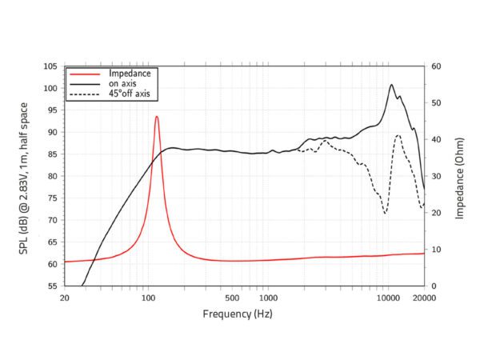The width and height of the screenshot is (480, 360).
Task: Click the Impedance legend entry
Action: (x=129, y=73)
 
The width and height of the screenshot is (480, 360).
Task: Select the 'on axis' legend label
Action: (x=123, y=83)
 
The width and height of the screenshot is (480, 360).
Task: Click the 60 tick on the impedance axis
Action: (x=437, y=66)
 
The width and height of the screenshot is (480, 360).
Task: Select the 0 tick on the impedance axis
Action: (x=434, y=286)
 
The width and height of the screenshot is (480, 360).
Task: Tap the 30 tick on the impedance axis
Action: (x=437, y=176)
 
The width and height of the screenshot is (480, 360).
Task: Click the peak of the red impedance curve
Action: (x=157, y=117)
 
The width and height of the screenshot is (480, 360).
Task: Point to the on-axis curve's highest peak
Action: (x=391, y=85)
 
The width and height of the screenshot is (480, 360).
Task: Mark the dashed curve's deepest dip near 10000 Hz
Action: (x=385, y=213)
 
